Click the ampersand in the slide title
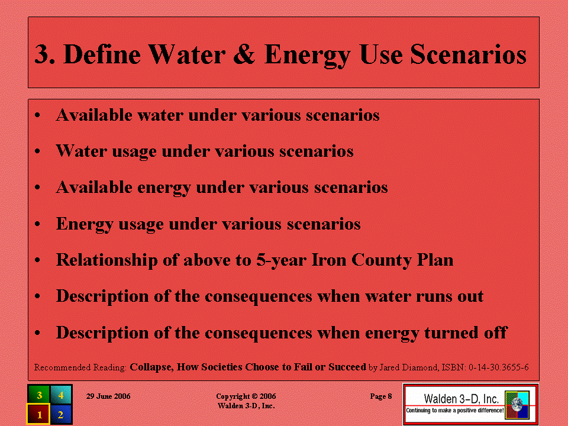244,54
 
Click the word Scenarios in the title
468,54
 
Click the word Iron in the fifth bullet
329,260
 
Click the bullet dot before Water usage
37,151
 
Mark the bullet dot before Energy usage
37,224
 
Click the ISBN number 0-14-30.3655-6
498,367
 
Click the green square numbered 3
39,395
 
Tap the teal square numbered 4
61,395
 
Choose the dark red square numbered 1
39,414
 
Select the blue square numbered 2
61,414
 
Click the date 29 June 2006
108,396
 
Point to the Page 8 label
380,396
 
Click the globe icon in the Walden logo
518,405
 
